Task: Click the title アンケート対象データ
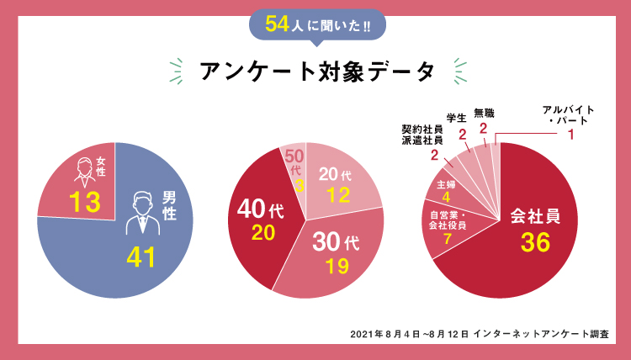tap(317, 71)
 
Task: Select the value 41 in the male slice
tap(142, 257)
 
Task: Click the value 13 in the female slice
tap(85, 202)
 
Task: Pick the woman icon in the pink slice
tap(84, 171)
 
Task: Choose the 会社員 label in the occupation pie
tap(534, 216)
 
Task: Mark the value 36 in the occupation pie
tap(534, 243)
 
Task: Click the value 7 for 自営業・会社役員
tap(448, 239)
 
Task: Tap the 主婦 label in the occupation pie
tap(446, 183)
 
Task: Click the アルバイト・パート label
tap(569, 115)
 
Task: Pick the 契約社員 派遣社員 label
tap(422, 135)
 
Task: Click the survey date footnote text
tap(479, 334)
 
